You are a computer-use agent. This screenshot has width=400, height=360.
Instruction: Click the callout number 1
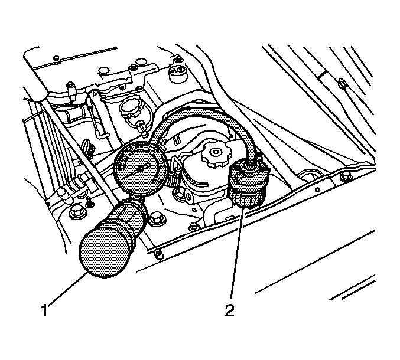(45, 310)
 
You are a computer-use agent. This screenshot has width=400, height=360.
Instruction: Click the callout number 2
(229, 310)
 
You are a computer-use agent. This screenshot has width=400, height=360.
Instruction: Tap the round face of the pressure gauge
(140, 169)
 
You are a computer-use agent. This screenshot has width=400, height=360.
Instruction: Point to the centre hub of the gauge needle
(140, 169)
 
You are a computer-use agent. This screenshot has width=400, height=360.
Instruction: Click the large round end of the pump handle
(105, 251)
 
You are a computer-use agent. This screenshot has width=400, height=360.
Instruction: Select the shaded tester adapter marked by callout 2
(247, 183)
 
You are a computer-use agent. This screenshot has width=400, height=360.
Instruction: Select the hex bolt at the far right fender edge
(346, 176)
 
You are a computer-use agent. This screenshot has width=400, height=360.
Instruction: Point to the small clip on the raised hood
(342, 84)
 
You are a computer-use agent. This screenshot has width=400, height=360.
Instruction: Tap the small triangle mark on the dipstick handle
(94, 94)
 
